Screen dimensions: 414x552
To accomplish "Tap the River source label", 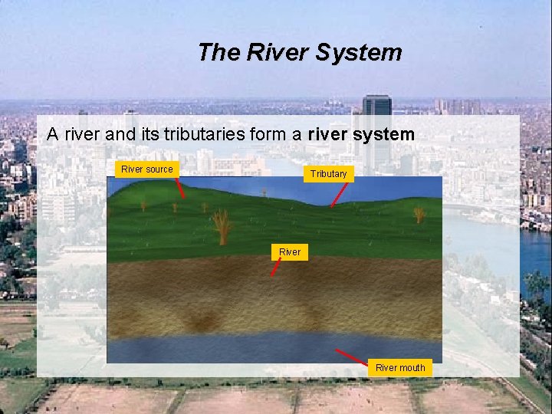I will pyautogui.click(x=147, y=169).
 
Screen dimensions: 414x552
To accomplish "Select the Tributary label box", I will pyautogui.click(x=328, y=174).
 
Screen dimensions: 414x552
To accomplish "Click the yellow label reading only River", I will pyautogui.click(x=290, y=251).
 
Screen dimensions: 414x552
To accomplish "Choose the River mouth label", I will pyautogui.click(x=400, y=368).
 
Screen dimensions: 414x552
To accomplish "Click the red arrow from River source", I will pyautogui.click(x=180, y=188).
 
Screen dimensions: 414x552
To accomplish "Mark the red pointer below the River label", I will pyautogui.click(x=277, y=267).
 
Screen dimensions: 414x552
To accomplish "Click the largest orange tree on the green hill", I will pyautogui.click(x=222, y=226).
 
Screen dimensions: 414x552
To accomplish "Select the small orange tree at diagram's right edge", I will pyautogui.click(x=419, y=215).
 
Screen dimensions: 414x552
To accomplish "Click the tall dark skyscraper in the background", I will pyautogui.click(x=376, y=130).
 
